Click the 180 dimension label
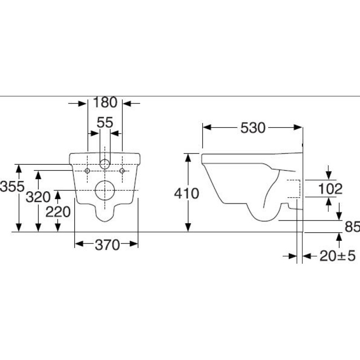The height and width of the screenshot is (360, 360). (105, 103)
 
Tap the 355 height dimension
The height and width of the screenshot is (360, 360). (11, 186)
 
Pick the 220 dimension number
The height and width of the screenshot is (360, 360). (58, 211)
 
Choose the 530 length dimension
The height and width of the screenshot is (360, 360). (252, 128)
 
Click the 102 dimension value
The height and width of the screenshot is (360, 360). (330, 189)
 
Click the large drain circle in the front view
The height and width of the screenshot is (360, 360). (105, 191)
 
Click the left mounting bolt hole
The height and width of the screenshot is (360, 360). (87, 171)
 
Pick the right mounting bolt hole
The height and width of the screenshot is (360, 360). (122, 171)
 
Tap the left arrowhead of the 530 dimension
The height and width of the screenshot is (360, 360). (206, 128)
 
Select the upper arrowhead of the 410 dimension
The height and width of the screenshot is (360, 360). (188, 157)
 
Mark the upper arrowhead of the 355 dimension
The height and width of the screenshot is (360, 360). (19, 168)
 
